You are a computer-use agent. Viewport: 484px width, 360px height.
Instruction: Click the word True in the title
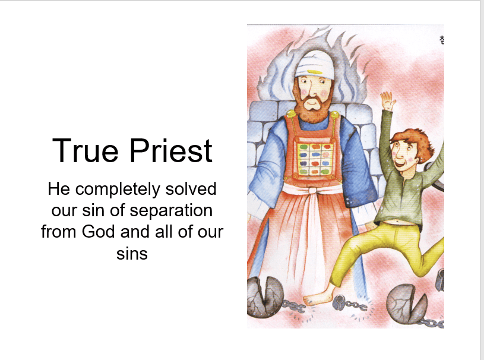click(x=85, y=151)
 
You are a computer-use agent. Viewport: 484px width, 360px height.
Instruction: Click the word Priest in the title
click(x=171, y=151)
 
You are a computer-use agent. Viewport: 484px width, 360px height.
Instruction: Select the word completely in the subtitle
click(x=118, y=189)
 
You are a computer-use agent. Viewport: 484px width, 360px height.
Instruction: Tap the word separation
click(x=171, y=210)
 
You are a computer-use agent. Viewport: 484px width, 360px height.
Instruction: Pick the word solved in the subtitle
click(x=191, y=189)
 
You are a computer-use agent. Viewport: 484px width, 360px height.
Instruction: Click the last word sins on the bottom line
click(x=132, y=254)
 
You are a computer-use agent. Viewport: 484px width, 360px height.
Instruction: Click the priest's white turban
click(x=313, y=64)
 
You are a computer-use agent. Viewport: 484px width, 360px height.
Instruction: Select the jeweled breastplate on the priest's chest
click(x=315, y=159)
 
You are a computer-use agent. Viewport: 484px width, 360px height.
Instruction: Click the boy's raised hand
click(x=387, y=100)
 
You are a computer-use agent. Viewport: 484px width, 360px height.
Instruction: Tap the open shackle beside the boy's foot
click(x=340, y=302)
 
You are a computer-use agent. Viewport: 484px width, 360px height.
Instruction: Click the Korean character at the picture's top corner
click(x=441, y=40)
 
